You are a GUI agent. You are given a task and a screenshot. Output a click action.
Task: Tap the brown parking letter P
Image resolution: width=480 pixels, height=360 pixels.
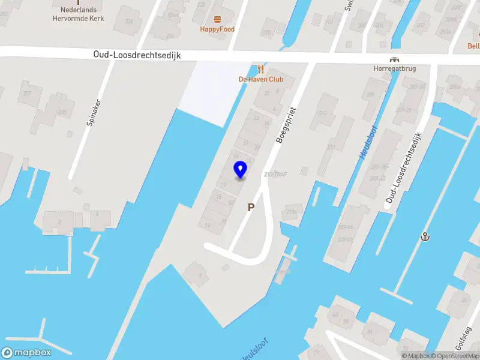(x=251, y=207)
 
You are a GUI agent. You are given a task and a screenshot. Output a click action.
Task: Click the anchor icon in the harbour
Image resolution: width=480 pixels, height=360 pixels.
(x=425, y=236)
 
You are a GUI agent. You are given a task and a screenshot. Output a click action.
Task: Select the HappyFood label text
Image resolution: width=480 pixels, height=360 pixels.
(x=217, y=29)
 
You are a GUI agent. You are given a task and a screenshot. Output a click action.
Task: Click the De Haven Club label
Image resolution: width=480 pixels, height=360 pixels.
(x=260, y=79)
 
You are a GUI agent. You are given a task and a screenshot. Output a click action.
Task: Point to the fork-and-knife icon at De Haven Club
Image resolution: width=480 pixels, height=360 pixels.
(x=260, y=69)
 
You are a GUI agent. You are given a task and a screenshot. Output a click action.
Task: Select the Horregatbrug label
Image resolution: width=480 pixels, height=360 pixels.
(x=394, y=68)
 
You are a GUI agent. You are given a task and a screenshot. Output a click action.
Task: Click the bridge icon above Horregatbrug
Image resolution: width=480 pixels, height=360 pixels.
(x=394, y=59)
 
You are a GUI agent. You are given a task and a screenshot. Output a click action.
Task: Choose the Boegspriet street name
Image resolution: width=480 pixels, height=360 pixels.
(x=286, y=124)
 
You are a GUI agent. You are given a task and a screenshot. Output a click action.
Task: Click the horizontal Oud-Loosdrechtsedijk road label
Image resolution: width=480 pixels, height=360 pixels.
(x=137, y=55)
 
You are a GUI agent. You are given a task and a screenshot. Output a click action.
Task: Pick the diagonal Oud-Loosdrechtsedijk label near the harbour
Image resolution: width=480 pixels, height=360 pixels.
(x=404, y=167)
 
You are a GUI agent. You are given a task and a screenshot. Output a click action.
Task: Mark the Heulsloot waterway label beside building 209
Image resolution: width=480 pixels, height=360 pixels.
(x=368, y=140)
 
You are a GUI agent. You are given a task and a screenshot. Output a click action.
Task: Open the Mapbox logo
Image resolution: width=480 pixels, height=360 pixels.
(x=26, y=353)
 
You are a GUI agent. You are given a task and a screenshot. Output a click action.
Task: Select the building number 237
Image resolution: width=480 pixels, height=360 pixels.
(x=26, y=93)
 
